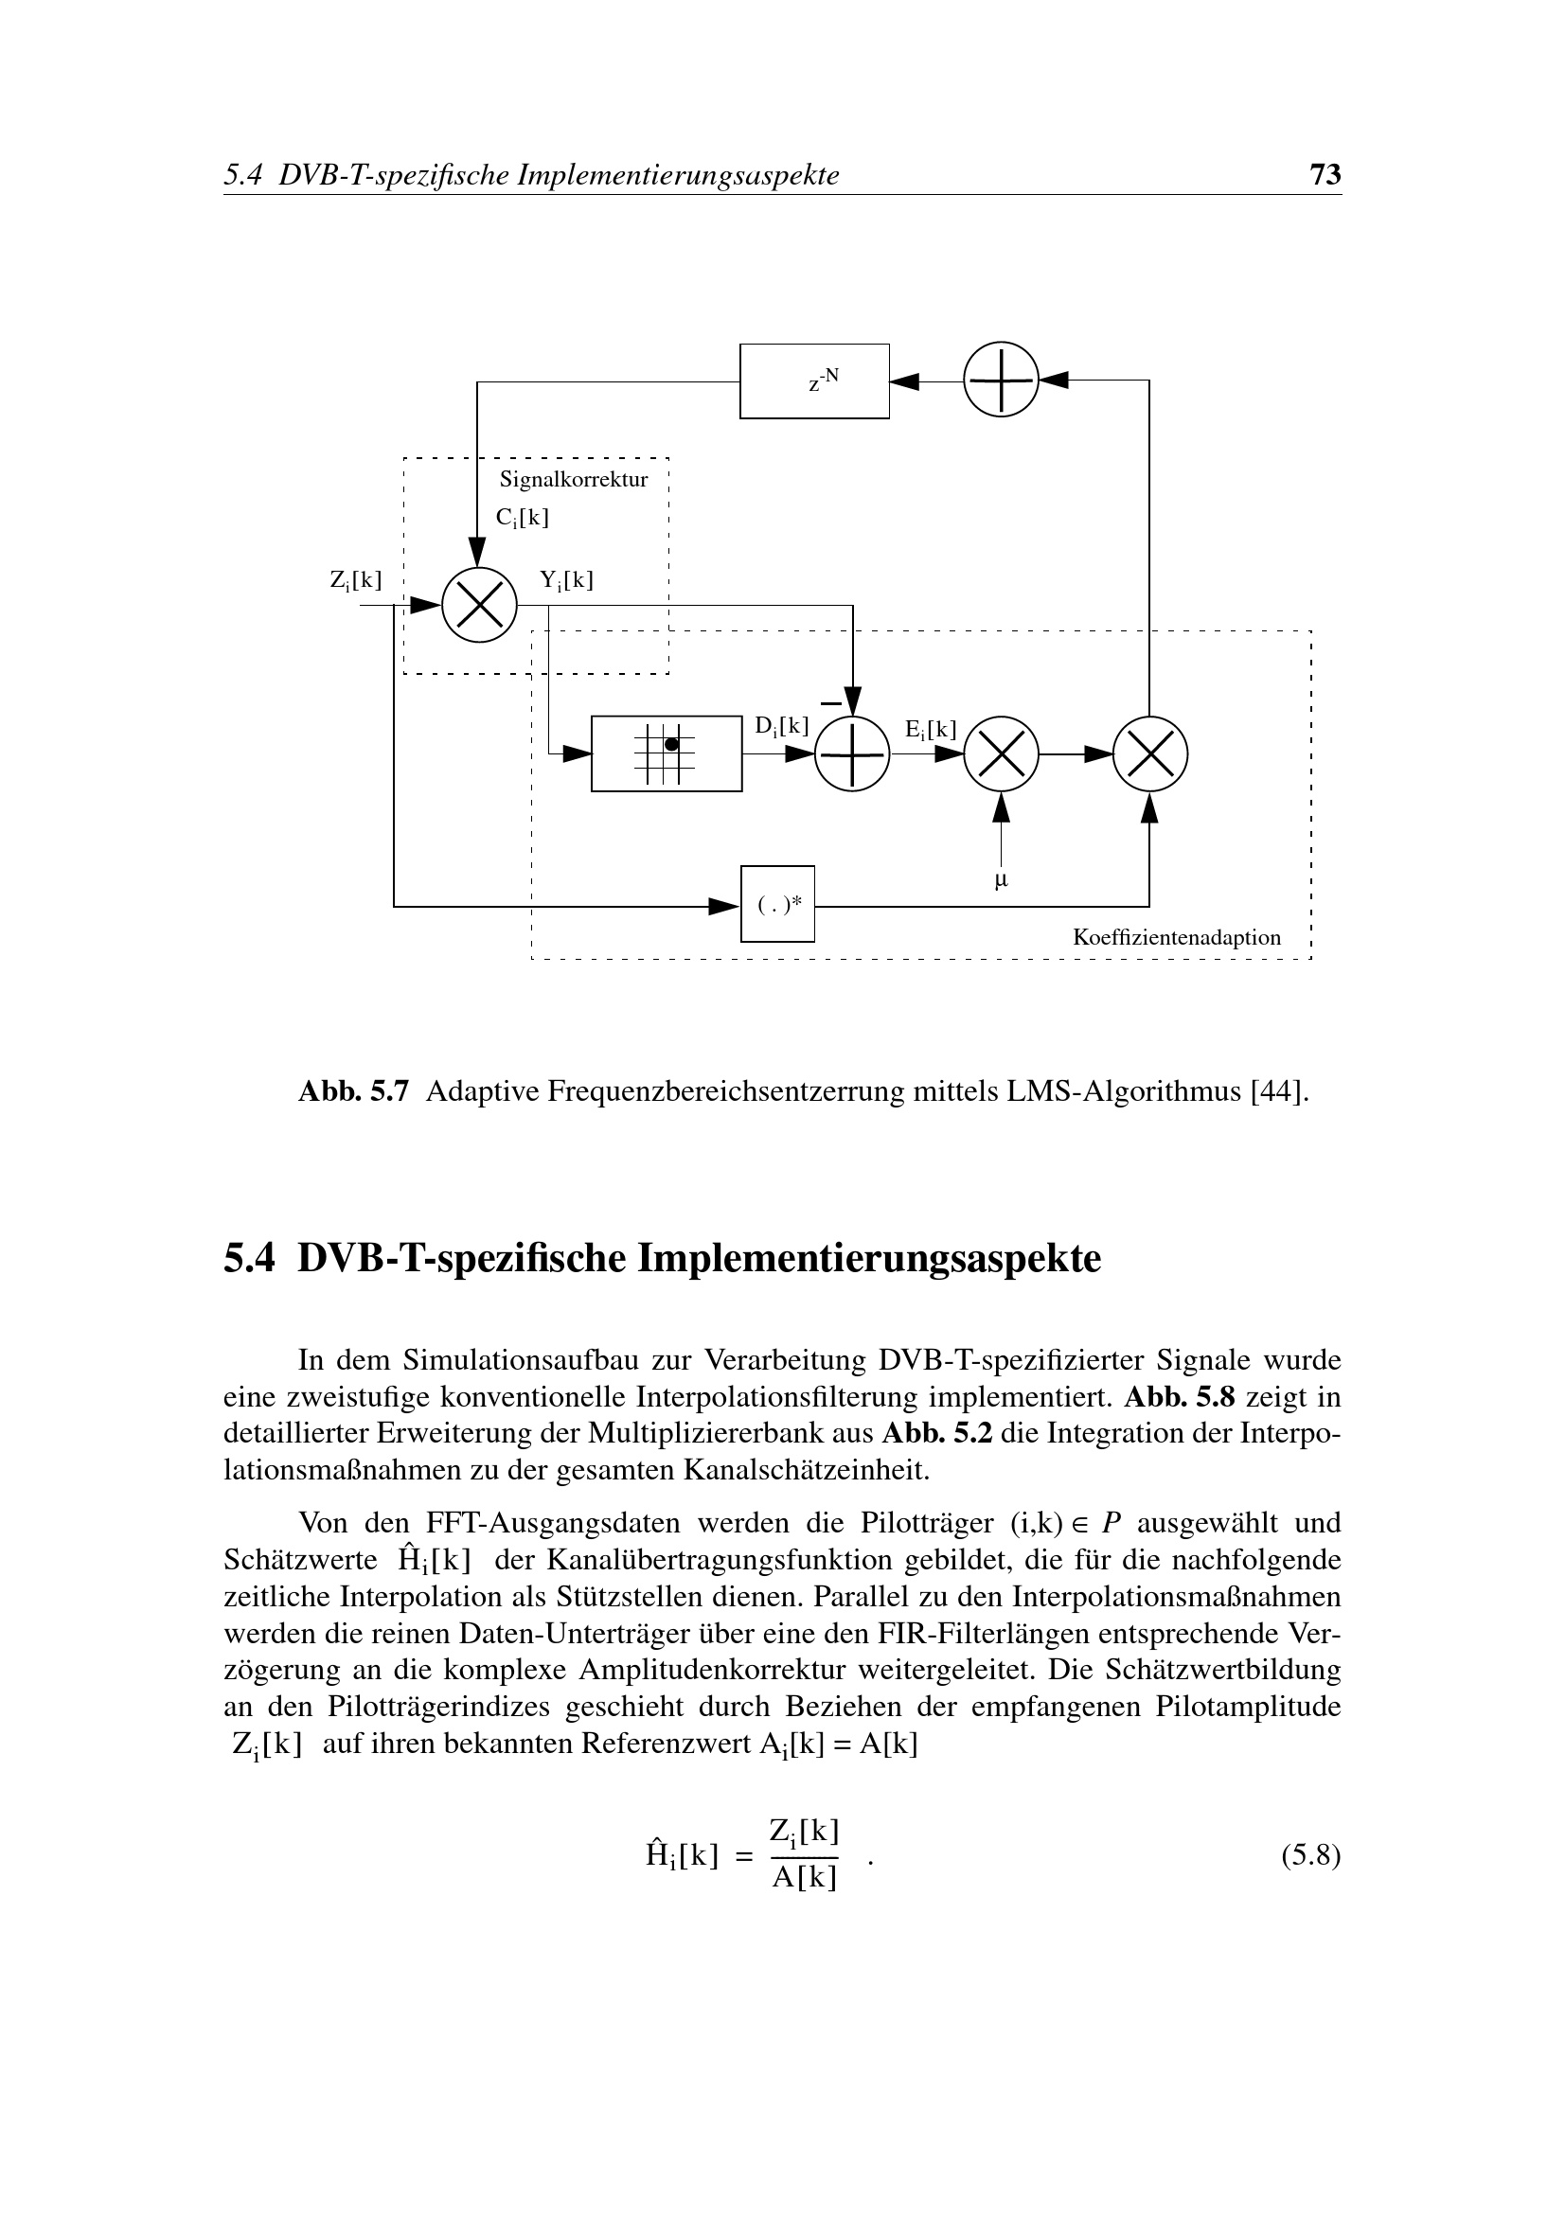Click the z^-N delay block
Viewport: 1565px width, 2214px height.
click(x=814, y=381)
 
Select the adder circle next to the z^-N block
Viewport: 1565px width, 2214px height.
click(x=1001, y=380)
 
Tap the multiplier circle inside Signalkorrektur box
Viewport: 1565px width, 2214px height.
click(x=479, y=605)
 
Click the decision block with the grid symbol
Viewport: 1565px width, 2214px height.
click(x=667, y=753)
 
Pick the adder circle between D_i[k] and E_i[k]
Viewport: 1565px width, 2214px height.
click(x=851, y=754)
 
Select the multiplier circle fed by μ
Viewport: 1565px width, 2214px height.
click(x=1001, y=754)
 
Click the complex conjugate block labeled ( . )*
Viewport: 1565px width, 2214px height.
click(x=777, y=904)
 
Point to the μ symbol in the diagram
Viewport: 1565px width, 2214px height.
click(x=1001, y=879)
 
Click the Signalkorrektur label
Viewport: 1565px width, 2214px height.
click(x=573, y=479)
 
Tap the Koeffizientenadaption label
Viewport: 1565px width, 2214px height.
click(x=1177, y=937)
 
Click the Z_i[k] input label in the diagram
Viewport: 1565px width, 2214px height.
click(x=356, y=580)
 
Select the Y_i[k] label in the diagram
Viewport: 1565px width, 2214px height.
click(x=566, y=580)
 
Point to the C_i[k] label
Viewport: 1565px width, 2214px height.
click(x=522, y=518)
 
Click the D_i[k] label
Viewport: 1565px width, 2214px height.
click(x=781, y=726)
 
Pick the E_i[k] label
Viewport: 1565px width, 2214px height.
click(x=931, y=730)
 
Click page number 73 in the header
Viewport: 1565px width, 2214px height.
click(x=1325, y=174)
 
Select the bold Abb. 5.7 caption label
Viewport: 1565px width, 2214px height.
click(x=354, y=1091)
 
